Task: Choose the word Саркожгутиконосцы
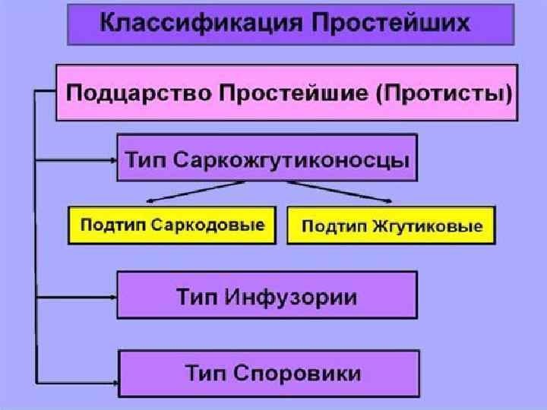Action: (292, 161)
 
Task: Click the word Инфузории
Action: (292, 295)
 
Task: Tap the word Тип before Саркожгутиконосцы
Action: (145, 161)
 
